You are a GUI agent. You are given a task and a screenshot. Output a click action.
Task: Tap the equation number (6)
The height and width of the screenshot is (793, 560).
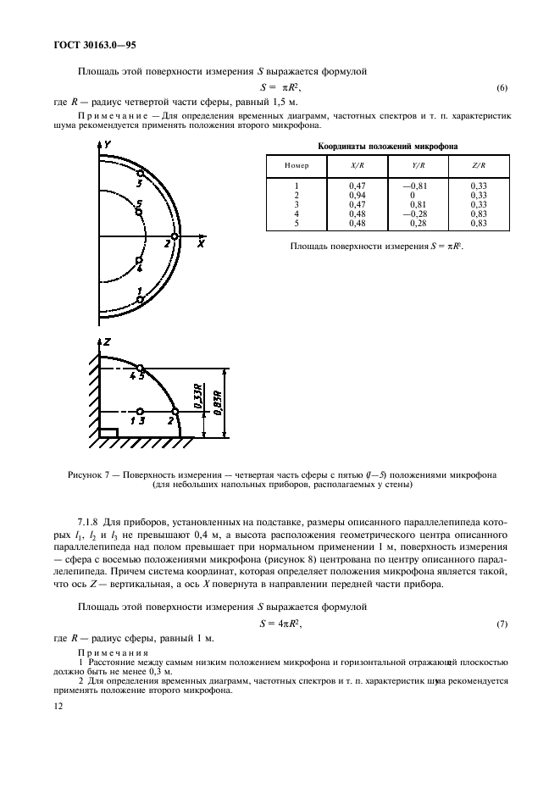(502, 88)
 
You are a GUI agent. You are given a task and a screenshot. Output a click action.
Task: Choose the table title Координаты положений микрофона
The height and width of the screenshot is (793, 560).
(387, 146)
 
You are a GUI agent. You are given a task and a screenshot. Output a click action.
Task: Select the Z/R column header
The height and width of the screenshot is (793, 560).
(477, 166)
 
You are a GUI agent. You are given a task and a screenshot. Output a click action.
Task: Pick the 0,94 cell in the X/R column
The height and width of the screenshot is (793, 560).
(358, 194)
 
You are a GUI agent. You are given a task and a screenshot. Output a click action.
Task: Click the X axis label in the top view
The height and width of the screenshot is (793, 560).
(200, 243)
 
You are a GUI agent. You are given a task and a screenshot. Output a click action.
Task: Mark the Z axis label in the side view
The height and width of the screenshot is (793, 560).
(108, 341)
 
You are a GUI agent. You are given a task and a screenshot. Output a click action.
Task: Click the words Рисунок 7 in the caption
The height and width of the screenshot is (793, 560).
(90, 474)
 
